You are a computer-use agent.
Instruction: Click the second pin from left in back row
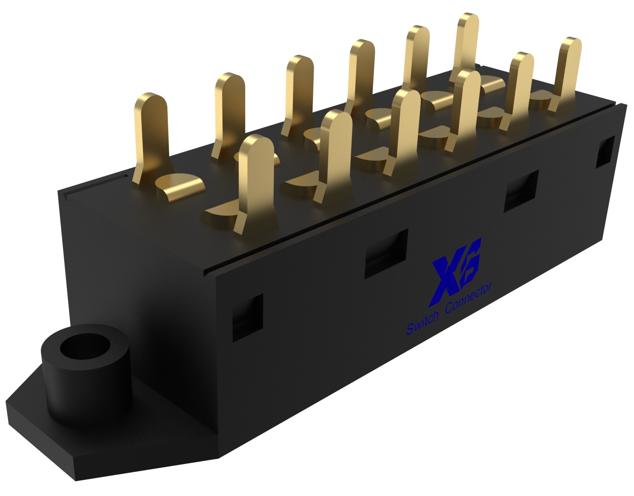[229, 112]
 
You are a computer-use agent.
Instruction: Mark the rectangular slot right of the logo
[521, 191]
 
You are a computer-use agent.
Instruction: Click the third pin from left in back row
[297, 93]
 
